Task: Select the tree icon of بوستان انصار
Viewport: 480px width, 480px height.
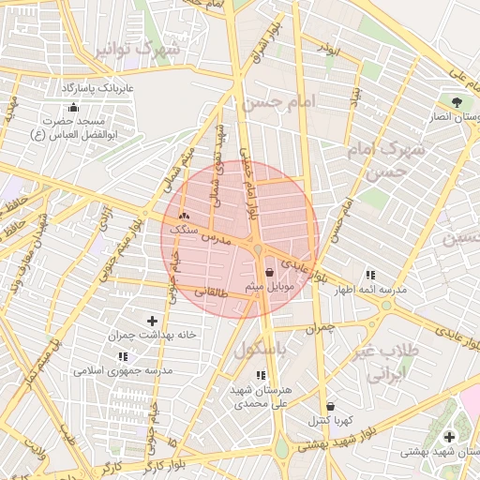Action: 457,101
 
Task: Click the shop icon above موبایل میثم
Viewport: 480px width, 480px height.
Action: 270,272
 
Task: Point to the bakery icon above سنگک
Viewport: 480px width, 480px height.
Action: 183,215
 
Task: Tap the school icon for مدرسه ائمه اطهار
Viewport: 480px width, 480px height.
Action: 370,275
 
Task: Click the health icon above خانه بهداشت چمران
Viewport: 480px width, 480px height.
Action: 153,321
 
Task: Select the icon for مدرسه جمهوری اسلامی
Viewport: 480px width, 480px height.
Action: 123,356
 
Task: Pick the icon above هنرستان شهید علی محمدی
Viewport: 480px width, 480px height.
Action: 261,375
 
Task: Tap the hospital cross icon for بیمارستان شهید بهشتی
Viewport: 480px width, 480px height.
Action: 449,437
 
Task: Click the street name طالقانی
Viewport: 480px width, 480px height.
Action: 211,292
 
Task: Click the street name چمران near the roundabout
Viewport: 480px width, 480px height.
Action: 319,329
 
